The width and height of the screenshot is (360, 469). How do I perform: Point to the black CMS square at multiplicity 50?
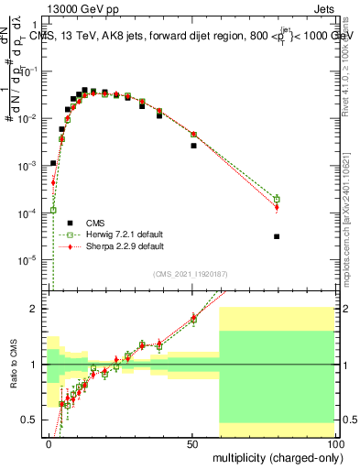point(193,146)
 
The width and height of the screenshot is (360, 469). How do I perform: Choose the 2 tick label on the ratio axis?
point(37,309)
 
